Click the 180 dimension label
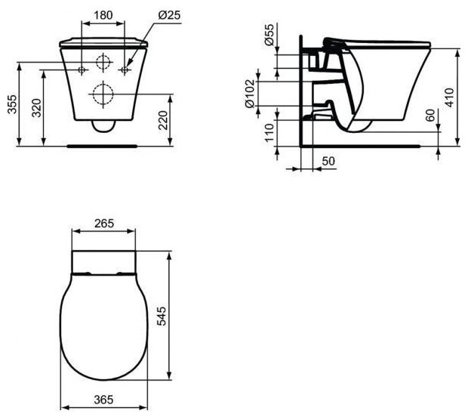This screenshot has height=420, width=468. (x=103, y=15)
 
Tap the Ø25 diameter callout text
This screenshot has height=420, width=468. (x=169, y=15)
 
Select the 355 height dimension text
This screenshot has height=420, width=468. (x=13, y=104)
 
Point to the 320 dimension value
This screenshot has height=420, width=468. (x=37, y=107)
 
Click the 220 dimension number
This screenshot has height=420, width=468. (x=163, y=120)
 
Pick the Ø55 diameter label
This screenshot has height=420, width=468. (x=269, y=35)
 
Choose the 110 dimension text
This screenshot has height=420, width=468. (x=269, y=133)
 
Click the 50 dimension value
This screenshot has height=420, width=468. (x=328, y=161)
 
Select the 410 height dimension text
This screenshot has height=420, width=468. (x=449, y=97)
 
